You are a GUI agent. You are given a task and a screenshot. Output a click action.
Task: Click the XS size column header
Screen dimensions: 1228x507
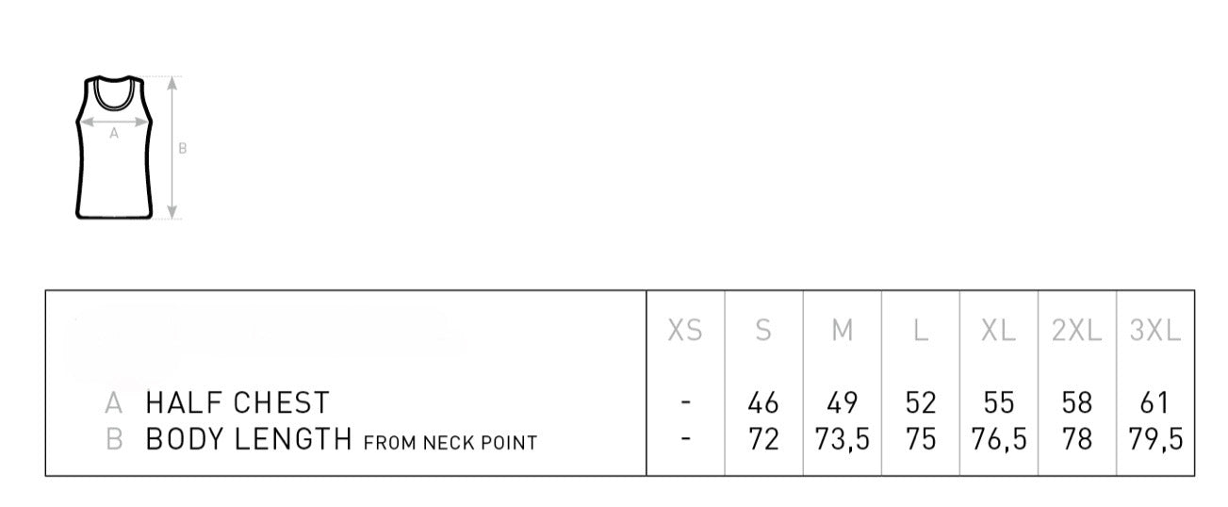(x=685, y=331)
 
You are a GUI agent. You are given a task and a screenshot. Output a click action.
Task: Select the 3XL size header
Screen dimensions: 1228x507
(x=1155, y=331)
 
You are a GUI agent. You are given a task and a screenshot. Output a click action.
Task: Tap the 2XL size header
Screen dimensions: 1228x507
(x=1076, y=331)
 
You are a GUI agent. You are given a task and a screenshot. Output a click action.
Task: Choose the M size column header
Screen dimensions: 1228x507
(x=842, y=331)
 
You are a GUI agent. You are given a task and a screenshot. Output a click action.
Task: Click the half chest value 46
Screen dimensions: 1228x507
(x=763, y=402)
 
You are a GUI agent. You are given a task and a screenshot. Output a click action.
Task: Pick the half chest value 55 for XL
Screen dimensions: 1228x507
(x=998, y=402)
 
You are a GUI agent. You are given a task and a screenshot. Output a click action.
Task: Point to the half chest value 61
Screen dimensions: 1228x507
(x=1154, y=402)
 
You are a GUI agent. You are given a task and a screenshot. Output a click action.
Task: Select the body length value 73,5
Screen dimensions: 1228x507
(x=842, y=439)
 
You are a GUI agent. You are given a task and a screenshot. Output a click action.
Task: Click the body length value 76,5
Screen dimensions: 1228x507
(x=999, y=439)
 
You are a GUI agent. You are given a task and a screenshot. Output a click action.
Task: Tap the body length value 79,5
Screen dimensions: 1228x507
(x=1155, y=439)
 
